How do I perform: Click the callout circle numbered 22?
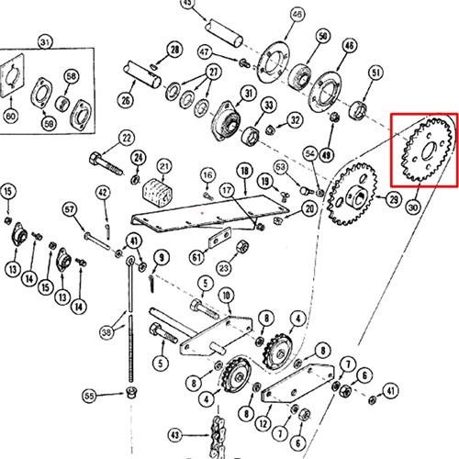point(127,139)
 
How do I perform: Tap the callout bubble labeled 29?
point(394,200)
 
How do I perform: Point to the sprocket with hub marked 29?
point(353,195)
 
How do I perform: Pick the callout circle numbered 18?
point(245,171)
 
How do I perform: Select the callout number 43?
point(175,435)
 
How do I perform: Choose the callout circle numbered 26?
point(126,100)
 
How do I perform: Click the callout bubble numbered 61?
point(196,257)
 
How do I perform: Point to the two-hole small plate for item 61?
point(220,238)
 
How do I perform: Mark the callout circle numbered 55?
point(89,396)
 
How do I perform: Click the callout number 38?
point(106,332)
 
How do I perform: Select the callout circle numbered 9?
point(162,258)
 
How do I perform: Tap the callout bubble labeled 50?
point(323,36)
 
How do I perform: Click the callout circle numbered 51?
point(375,73)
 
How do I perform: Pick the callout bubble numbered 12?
point(263,423)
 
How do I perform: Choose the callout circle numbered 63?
point(281,167)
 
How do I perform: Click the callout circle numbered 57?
point(70,209)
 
